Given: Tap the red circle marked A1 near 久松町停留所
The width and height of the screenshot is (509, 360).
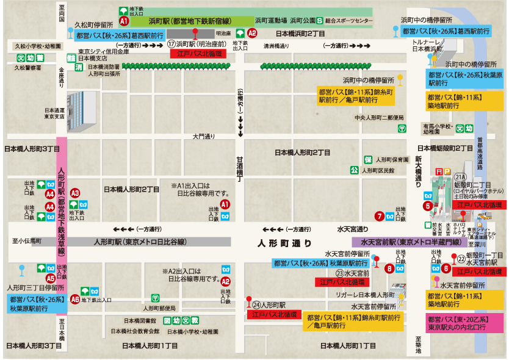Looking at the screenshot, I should click(x=124, y=20).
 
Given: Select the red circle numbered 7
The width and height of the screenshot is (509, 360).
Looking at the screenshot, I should click(x=380, y=215).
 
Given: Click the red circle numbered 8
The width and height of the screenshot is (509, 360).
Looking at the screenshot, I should click(x=389, y=267).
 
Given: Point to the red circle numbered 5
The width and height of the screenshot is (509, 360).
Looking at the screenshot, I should click(x=428, y=206).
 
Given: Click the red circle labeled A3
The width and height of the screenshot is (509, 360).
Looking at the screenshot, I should click(x=75, y=192).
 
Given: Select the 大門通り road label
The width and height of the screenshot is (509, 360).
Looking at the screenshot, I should click(x=204, y=136).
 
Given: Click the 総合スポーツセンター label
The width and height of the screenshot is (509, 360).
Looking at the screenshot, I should click(x=348, y=21).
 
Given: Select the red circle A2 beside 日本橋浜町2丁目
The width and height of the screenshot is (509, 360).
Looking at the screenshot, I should click(x=252, y=34).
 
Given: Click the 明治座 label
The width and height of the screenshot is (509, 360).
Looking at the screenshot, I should click(x=223, y=34).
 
